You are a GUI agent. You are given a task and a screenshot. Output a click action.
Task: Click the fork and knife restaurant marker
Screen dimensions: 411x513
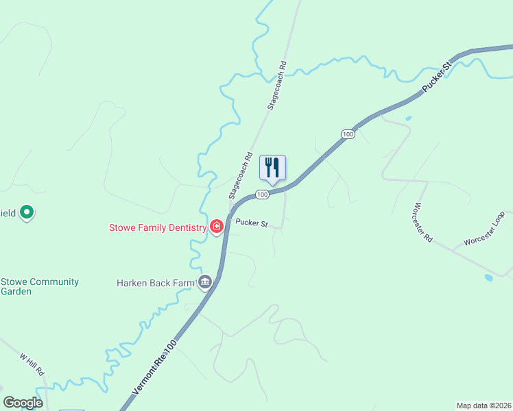pyautogui.click(x=272, y=168)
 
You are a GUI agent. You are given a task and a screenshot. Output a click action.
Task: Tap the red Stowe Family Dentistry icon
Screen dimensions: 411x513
pyautogui.click(x=217, y=227)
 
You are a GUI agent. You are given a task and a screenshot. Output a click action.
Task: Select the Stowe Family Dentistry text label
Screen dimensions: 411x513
pyautogui.click(x=158, y=227)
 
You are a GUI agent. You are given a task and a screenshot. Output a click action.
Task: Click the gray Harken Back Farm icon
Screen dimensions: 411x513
pyautogui.click(x=204, y=282)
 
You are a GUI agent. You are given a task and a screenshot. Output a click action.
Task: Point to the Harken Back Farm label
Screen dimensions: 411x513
pyautogui.click(x=156, y=282)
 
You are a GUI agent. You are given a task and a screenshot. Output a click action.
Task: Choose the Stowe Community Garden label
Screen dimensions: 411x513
pyautogui.click(x=40, y=286)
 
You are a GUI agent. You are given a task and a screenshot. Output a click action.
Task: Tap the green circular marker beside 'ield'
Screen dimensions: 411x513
pyautogui.click(x=27, y=213)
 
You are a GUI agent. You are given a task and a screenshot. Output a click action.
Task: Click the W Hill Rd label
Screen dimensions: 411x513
pyautogui.click(x=32, y=363)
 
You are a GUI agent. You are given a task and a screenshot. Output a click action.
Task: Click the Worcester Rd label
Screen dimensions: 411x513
pyautogui.click(x=423, y=221)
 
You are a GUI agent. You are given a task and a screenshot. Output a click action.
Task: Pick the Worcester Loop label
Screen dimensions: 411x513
pyautogui.click(x=484, y=233)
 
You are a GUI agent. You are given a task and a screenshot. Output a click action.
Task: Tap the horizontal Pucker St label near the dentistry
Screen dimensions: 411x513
pyautogui.click(x=250, y=223)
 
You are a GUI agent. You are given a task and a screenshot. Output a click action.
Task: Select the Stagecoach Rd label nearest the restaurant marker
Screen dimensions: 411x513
pyautogui.click(x=241, y=175)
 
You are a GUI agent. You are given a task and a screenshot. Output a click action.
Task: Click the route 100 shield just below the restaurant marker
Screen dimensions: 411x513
pyautogui.click(x=262, y=195)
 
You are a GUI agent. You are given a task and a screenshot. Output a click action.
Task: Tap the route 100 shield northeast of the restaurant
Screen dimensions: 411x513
pyautogui.click(x=348, y=134)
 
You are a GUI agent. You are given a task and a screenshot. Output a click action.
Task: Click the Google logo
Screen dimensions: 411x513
pyautogui.click(x=23, y=403)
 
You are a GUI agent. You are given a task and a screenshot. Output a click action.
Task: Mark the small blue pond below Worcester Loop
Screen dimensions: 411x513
pyautogui.click(x=488, y=278)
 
